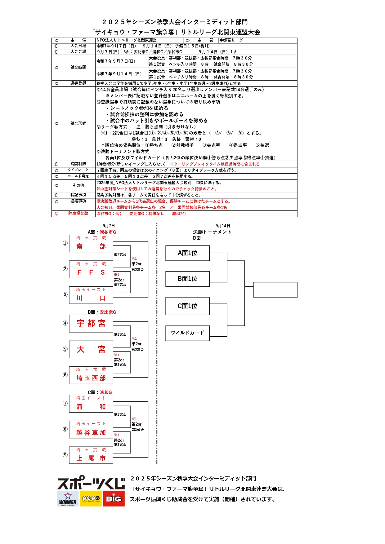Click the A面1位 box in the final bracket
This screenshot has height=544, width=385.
pos(187,253)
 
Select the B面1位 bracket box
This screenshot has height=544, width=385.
pos(187,279)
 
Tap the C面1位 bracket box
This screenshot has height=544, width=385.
pos(187,306)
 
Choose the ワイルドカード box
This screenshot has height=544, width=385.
pos(187,333)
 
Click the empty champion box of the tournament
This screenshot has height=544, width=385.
pos(275,290)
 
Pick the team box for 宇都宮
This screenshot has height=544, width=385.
pos(91,324)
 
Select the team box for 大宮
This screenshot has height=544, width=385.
pos(91,349)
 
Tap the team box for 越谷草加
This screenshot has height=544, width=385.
pos(91,429)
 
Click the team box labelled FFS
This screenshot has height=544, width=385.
pos(91,269)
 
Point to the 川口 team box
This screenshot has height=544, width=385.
pos(91,295)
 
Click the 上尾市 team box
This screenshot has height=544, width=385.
pos(91,455)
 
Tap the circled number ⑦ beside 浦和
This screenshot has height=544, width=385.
pos(65,403)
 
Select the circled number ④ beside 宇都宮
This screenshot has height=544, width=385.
pos(65,323)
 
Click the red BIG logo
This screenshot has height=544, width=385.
pos(114,498)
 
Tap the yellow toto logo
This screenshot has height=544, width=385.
pos(91,498)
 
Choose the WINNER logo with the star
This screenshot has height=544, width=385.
pos(68,498)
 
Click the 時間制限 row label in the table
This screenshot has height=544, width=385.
pos(78,164)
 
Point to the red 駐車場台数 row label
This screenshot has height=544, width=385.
pos(78,214)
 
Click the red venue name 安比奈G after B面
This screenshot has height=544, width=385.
pos(108,312)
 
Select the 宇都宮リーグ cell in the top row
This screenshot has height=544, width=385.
pos(231,40)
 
